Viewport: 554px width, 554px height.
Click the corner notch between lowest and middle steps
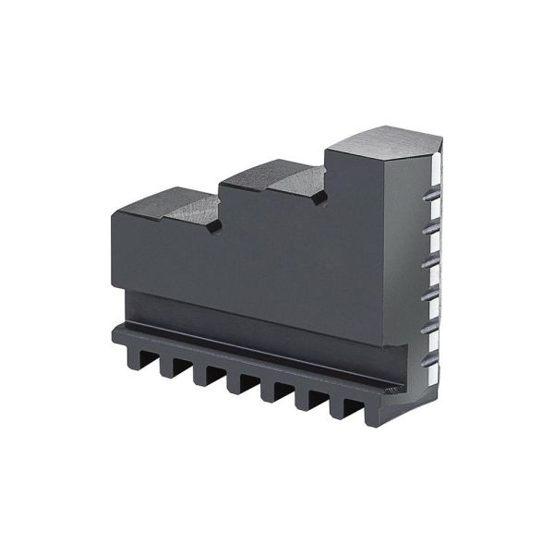[x=215, y=224]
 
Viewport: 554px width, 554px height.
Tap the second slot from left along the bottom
[x=170, y=365]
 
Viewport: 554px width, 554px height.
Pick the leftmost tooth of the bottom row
[x=120, y=349]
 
